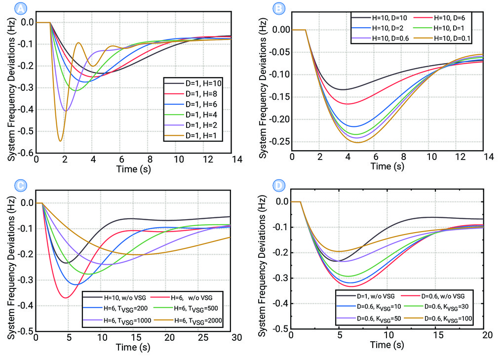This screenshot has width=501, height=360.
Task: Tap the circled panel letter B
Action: click(278, 8)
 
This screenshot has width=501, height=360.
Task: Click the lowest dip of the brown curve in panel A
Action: click(60, 141)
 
